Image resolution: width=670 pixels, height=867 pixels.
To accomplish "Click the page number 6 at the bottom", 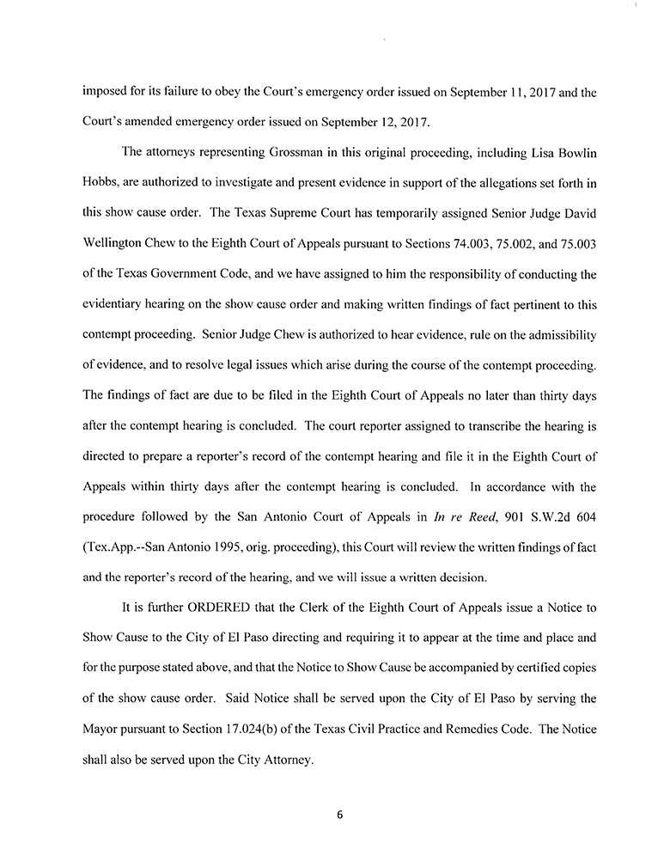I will [x=340, y=815].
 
